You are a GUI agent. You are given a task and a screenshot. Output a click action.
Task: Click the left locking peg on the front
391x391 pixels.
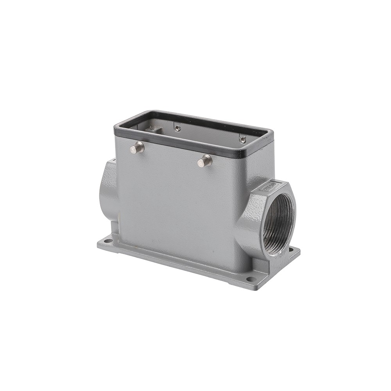[x=137, y=148]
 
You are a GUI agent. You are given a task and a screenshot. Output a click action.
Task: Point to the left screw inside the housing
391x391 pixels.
[x=178, y=128]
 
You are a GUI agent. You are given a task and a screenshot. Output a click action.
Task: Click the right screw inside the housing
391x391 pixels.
[x=242, y=139]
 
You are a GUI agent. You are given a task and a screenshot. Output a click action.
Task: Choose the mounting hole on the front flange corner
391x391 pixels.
[x=250, y=279]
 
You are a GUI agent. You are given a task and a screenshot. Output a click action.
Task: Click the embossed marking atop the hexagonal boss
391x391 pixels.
[x=270, y=186]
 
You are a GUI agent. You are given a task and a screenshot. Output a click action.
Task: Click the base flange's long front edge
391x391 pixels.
[x=176, y=266]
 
